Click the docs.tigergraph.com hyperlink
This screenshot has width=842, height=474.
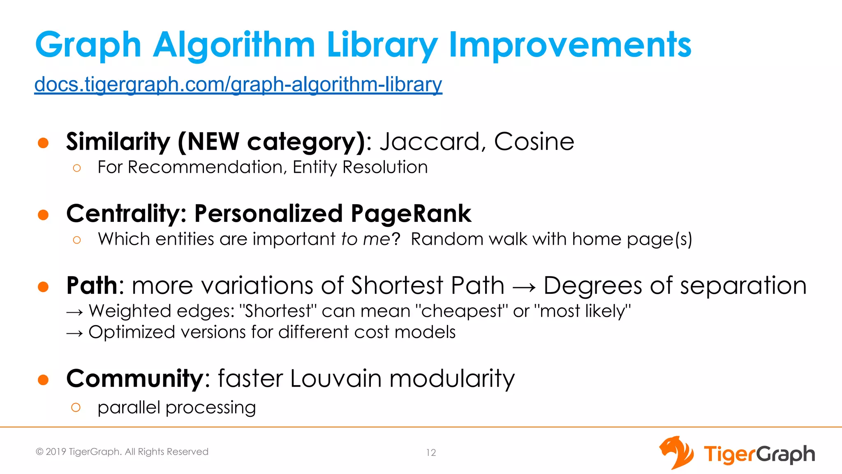238,85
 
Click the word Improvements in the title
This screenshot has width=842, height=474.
570,45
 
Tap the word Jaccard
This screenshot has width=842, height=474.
430,142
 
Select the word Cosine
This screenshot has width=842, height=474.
534,142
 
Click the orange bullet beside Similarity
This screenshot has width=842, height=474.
43,143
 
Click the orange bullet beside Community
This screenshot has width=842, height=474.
43,379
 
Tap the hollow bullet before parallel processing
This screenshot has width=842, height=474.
76,407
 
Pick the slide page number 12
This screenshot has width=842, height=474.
431,453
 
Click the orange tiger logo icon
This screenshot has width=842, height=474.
676,453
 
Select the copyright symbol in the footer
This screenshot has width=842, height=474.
39,452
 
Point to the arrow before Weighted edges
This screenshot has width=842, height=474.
75,312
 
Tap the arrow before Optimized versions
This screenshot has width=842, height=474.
75,333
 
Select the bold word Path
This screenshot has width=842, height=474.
92,286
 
